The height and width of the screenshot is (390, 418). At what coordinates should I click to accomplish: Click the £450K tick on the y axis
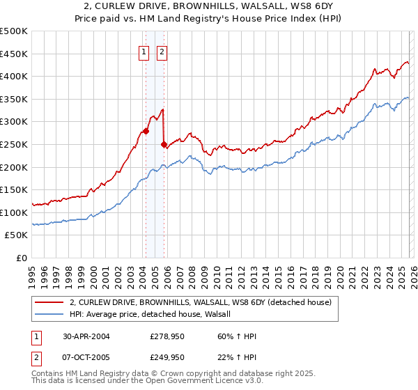[14, 54]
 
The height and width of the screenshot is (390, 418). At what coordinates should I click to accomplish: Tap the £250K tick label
[14, 144]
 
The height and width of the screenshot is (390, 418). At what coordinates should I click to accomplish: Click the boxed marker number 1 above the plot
[144, 51]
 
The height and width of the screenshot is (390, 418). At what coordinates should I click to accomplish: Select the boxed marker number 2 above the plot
[162, 51]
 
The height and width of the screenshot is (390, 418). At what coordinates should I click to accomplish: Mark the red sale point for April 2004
[146, 131]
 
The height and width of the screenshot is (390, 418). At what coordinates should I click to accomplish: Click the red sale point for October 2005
[164, 144]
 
